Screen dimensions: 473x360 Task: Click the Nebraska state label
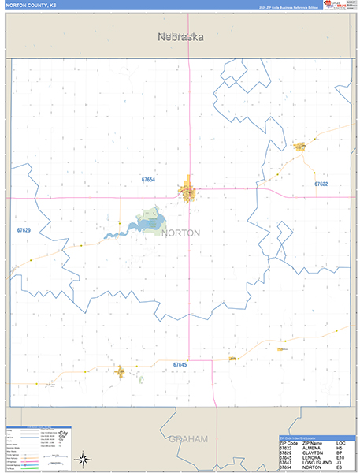coord(180,36)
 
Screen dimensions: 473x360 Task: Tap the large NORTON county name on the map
coord(181,233)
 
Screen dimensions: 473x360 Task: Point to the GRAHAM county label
coord(187,438)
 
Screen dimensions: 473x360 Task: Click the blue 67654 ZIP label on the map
coord(148,180)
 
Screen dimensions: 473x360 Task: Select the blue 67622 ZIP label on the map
coord(321,184)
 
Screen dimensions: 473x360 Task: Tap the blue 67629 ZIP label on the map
coord(24,230)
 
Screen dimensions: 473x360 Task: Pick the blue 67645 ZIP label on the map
coord(180,364)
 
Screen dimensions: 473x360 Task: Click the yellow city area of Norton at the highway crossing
coord(189,192)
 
